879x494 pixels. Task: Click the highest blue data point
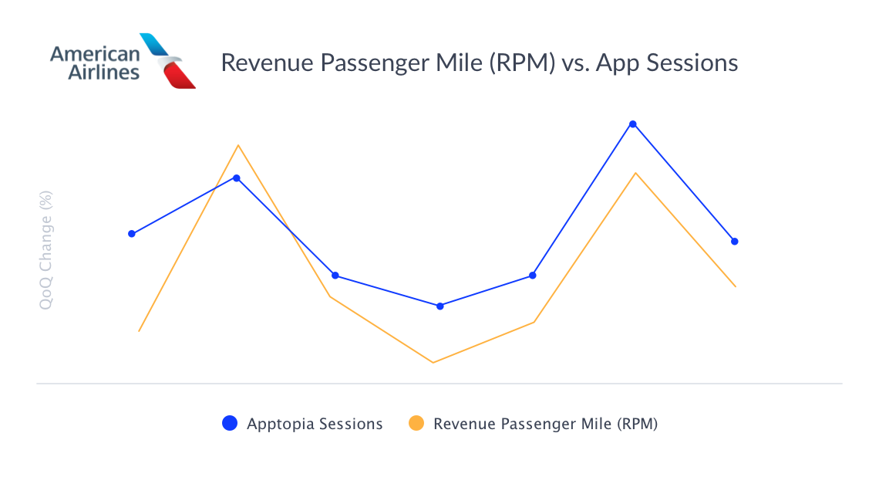633,123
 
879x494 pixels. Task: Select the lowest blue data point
440,306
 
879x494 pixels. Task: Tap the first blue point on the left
132,233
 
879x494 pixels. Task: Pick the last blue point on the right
735,241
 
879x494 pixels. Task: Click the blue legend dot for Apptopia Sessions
230,423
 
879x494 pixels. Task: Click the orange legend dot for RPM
416,423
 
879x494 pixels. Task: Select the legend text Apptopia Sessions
315,424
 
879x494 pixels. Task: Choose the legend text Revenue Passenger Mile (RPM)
545,424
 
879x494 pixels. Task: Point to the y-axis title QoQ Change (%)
45,251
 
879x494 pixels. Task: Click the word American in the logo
95,54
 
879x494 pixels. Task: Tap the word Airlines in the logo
104,73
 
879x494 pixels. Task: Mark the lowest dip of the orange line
433,362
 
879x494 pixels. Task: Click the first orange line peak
239,145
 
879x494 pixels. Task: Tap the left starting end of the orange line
139,331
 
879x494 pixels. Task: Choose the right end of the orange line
736,286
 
